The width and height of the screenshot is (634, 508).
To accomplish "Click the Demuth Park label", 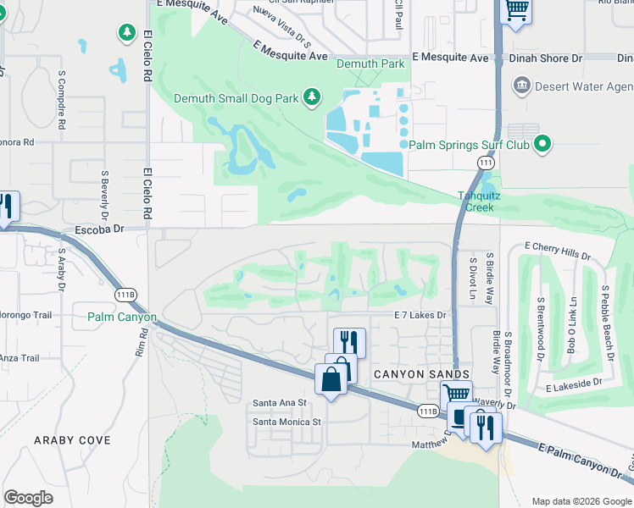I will tap(370, 63).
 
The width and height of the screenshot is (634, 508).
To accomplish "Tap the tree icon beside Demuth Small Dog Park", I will tap(312, 97).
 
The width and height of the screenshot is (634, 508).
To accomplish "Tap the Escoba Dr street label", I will tap(100, 229).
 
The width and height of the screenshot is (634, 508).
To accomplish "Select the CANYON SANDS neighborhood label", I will tap(420, 374).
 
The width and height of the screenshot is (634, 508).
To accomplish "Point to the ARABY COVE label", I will tap(72, 440).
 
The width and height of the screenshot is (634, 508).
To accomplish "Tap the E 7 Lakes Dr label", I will tap(420, 315).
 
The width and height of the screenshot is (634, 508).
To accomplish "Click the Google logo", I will tap(28, 498).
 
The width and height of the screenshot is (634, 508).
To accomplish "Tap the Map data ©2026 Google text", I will tap(581, 501).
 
